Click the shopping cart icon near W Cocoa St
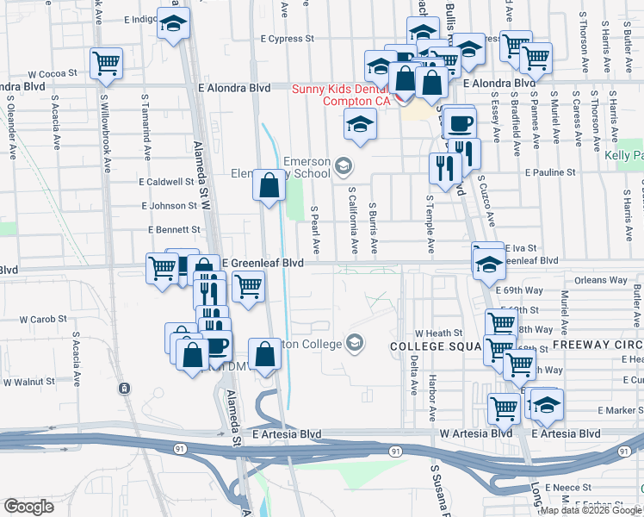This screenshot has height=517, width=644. [x=106, y=63]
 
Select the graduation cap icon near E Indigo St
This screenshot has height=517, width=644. [x=173, y=24]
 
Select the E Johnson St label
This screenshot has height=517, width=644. [x=170, y=206]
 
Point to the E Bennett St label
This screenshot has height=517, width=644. [x=173, y=230]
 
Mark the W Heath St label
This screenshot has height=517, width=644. [x=438, y=333]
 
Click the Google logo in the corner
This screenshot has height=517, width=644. [x=28, y=507]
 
